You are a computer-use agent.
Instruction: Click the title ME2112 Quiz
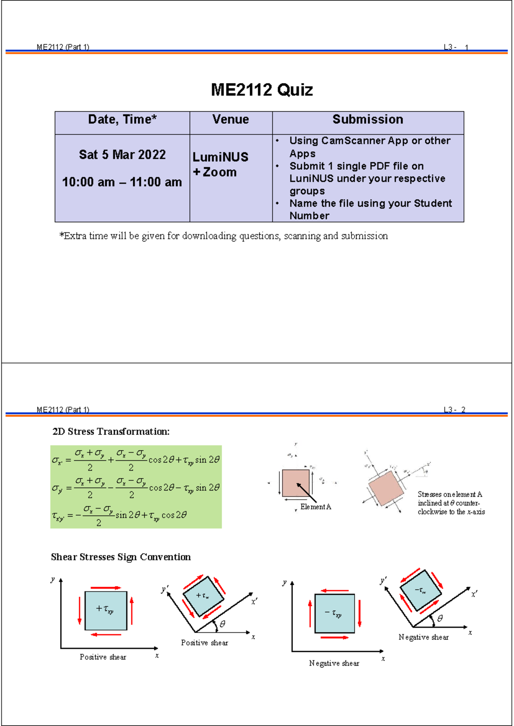(x=262, y=90)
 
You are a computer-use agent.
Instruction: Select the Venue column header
(x=230, y=119)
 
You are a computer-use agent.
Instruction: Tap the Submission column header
(x=368, y=119)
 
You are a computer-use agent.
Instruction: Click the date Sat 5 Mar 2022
(x=122, y=155)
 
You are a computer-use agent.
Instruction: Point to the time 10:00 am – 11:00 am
(x=122, y=182)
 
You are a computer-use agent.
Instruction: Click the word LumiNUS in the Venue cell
(x=220, y=157)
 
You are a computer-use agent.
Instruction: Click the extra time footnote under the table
(x=224, y=236)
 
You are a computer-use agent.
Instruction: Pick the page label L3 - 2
(x=454, y=410)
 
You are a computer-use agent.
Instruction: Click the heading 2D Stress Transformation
(x=111, y=431)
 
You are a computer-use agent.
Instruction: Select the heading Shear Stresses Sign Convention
(x=121, y=557)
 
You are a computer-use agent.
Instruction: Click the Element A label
(x=316, y=507)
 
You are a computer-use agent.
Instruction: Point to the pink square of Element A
(x=296, y=483)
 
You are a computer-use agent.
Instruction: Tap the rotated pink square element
(x=385, y=488)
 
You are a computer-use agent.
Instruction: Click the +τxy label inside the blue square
(x=105, y=609)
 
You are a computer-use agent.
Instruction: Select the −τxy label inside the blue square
(x=334, y=613)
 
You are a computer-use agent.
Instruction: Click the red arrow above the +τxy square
(x=106, y=588)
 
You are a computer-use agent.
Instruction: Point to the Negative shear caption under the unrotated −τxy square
(x=334, y=664)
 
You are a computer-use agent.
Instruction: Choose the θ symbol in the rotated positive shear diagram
(x=222, y=625)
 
